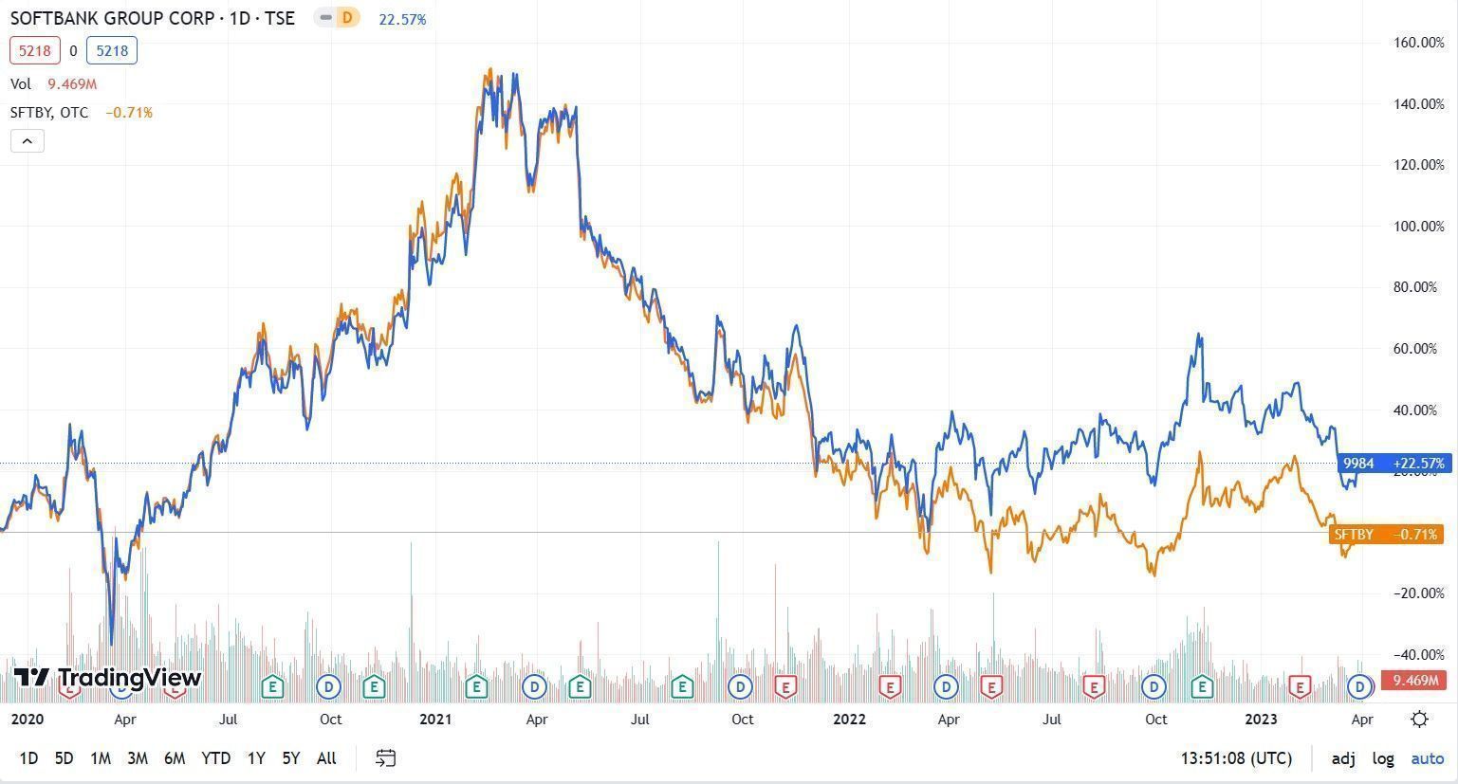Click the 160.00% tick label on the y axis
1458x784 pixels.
click(x=1418, y=42)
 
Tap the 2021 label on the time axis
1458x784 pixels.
click(x=435, y=719)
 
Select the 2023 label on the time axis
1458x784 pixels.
click(x=1261, y=719)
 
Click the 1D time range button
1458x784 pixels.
click(x=28, y=757)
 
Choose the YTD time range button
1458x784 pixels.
click(x=215, y=757)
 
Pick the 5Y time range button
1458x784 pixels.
click(x=290, y=757)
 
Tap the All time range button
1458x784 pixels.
click(x=326, y=757)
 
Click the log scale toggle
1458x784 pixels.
click(x=1383, y=758)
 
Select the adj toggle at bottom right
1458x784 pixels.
click(x=1343, y=758)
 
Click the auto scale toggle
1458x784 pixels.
click(x=1427, y=758)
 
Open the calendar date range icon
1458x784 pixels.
click(x=385, y=757)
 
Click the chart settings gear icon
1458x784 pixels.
click(x=1419, y=719)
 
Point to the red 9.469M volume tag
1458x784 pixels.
click(x=1414, y=680)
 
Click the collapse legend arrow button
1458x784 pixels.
click(x=27, y=141)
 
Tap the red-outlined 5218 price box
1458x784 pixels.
click(x=35, y=51)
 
